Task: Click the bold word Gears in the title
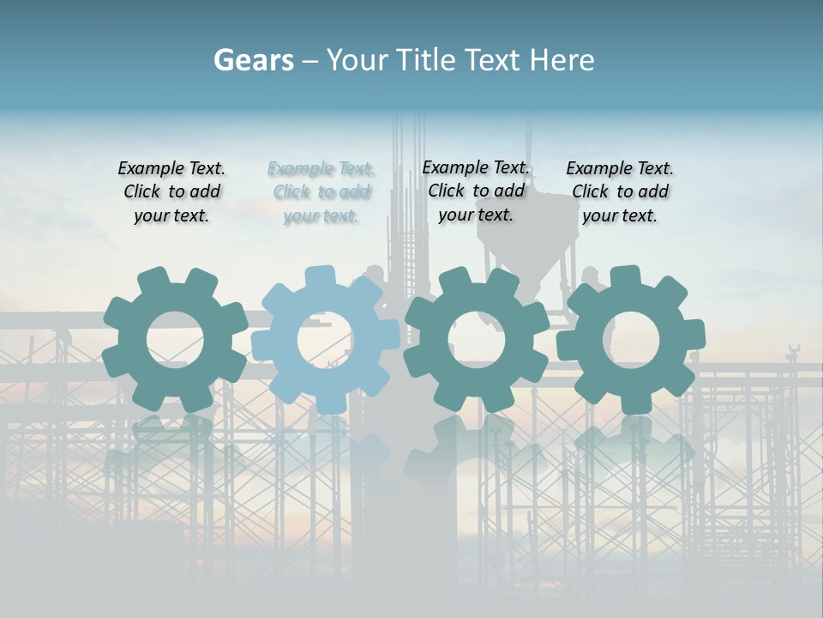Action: tap(253, 60)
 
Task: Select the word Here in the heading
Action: tap(562, 60)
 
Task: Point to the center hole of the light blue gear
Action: tap(326, 340)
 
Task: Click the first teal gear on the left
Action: tap(129, 369)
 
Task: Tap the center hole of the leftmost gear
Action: tap(175, 340)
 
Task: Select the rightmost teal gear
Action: tap(592, 369)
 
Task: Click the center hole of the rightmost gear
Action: tap(631, 340)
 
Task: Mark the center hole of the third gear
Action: tap(477, 340)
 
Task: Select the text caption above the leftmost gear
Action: tap(171, 192)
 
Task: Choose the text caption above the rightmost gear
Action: tap(620, 192)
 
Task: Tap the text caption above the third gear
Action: tap(476, 191)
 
